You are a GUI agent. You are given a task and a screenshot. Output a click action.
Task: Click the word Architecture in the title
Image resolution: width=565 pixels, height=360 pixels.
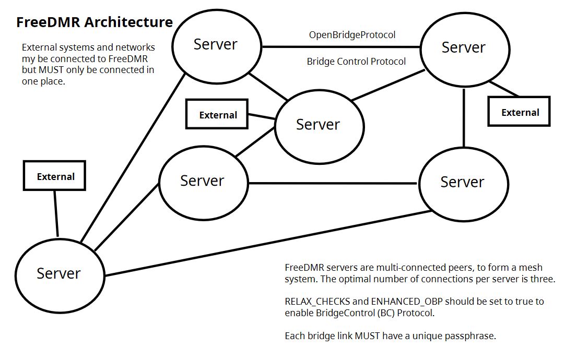(128, 22)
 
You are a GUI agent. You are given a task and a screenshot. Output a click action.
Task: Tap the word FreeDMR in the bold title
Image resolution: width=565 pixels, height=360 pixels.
(49, 22)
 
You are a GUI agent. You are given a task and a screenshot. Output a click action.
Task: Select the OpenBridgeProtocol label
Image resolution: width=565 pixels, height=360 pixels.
(352, 35)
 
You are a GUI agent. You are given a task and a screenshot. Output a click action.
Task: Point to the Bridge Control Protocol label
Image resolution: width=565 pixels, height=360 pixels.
(356, 62)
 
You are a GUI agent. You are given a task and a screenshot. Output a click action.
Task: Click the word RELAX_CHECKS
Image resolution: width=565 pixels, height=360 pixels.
(317, 302)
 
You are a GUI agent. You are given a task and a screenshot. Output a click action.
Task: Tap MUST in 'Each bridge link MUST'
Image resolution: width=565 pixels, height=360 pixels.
(367, 336)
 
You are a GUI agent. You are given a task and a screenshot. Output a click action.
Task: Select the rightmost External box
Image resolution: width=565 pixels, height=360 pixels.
(519, 111)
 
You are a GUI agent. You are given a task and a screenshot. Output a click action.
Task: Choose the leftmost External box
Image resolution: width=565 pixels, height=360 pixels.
(54, 175)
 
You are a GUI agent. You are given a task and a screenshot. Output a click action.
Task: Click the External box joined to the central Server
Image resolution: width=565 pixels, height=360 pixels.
(217, 114)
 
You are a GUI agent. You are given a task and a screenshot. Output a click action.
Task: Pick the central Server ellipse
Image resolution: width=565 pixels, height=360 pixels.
(319, 127)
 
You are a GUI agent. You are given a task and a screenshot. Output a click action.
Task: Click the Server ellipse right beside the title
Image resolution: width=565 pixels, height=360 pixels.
(217, 46)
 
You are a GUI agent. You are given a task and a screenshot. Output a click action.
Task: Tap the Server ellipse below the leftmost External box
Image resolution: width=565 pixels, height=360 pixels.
(60, 275)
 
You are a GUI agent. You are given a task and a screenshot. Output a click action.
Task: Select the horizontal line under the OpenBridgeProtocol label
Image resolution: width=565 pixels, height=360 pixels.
(341, 47)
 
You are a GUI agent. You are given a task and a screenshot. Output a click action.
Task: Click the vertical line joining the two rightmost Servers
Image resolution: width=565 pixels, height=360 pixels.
(464, 118)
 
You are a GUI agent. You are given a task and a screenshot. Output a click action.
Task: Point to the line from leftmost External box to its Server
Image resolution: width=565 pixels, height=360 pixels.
(56, 213)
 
